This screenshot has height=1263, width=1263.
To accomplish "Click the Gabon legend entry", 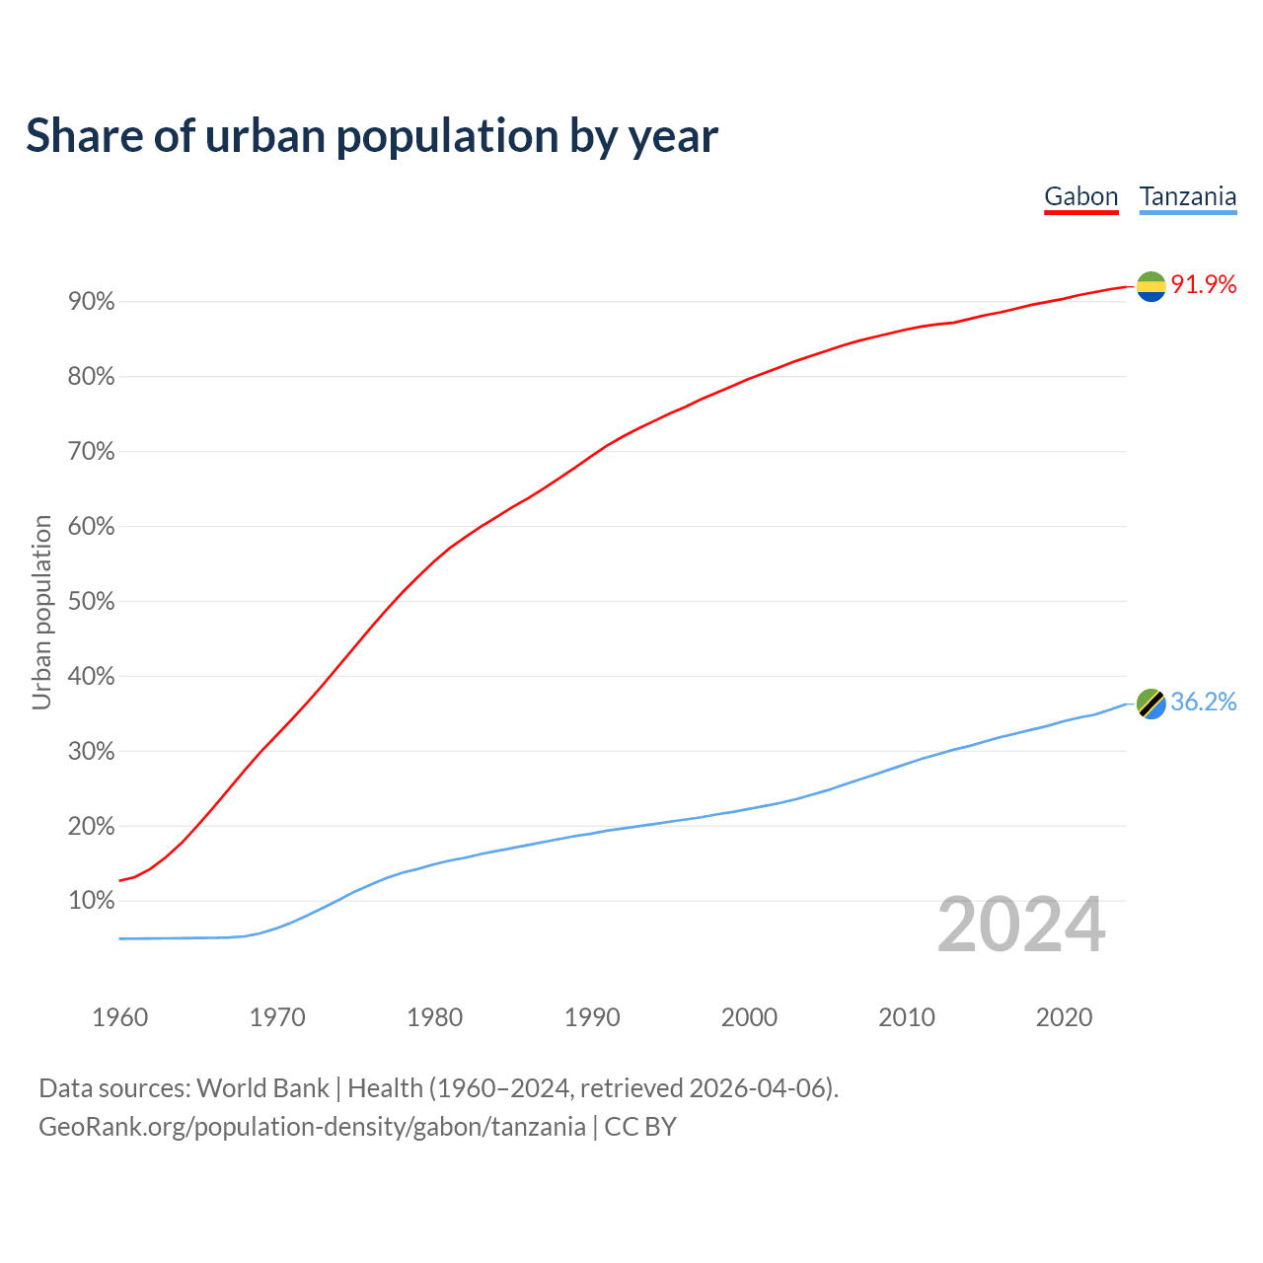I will click(1081, 196).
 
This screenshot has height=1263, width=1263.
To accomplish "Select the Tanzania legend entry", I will click(1188, 196).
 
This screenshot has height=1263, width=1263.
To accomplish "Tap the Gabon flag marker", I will click(1151, 286).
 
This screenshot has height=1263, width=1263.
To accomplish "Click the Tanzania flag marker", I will click(1152, 704).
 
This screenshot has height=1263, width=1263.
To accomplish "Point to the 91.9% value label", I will click(1204, 285).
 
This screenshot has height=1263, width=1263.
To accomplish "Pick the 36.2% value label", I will click(1204, 702).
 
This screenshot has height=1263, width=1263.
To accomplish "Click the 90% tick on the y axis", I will click(92, 302).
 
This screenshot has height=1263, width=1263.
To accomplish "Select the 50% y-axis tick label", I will click(92, 602).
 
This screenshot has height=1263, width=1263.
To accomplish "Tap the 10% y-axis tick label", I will click(92, 901).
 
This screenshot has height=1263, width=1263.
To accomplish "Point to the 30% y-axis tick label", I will click(92, 752).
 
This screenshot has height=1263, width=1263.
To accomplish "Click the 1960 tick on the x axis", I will click(119, 1017).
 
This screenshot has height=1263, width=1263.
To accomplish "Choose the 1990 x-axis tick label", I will click(592, 1017).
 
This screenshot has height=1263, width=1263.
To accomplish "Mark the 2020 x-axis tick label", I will click(1064, 1017).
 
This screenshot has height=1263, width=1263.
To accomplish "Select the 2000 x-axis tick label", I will click(749, 1017).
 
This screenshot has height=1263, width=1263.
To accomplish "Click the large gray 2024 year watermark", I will click(1021, 926).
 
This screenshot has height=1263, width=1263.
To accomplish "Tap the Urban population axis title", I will click(41, 612).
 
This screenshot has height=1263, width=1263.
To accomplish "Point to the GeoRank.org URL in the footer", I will click(312, 1127).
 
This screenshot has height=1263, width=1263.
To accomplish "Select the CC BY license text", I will click(640, 1127).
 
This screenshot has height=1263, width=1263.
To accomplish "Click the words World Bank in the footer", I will click(262, 1088).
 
